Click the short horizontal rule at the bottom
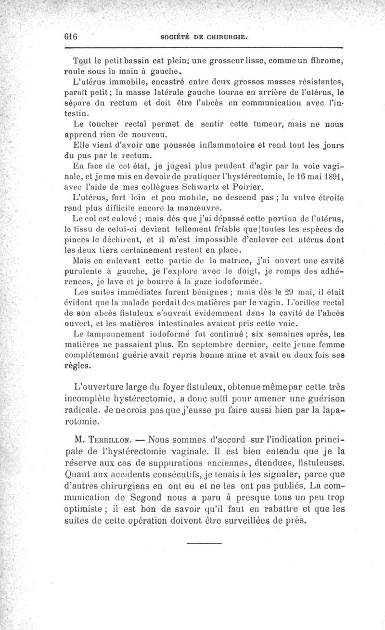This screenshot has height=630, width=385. [x=203, y=543]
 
